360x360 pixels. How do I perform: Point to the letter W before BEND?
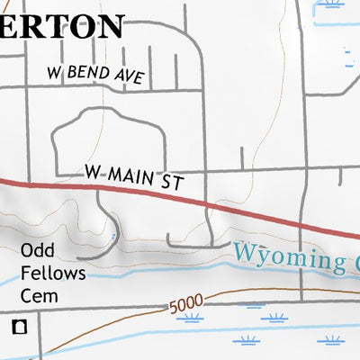(56, 72)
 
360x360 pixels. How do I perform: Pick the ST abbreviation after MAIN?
(173, 183)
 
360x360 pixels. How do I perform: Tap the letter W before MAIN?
(92, 169)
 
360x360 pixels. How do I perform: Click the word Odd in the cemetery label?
(38, 252)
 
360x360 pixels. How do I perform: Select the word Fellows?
(54, 273)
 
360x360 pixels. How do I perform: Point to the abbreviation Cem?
(40, 294)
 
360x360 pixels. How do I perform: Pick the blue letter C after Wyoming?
(354, 264)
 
